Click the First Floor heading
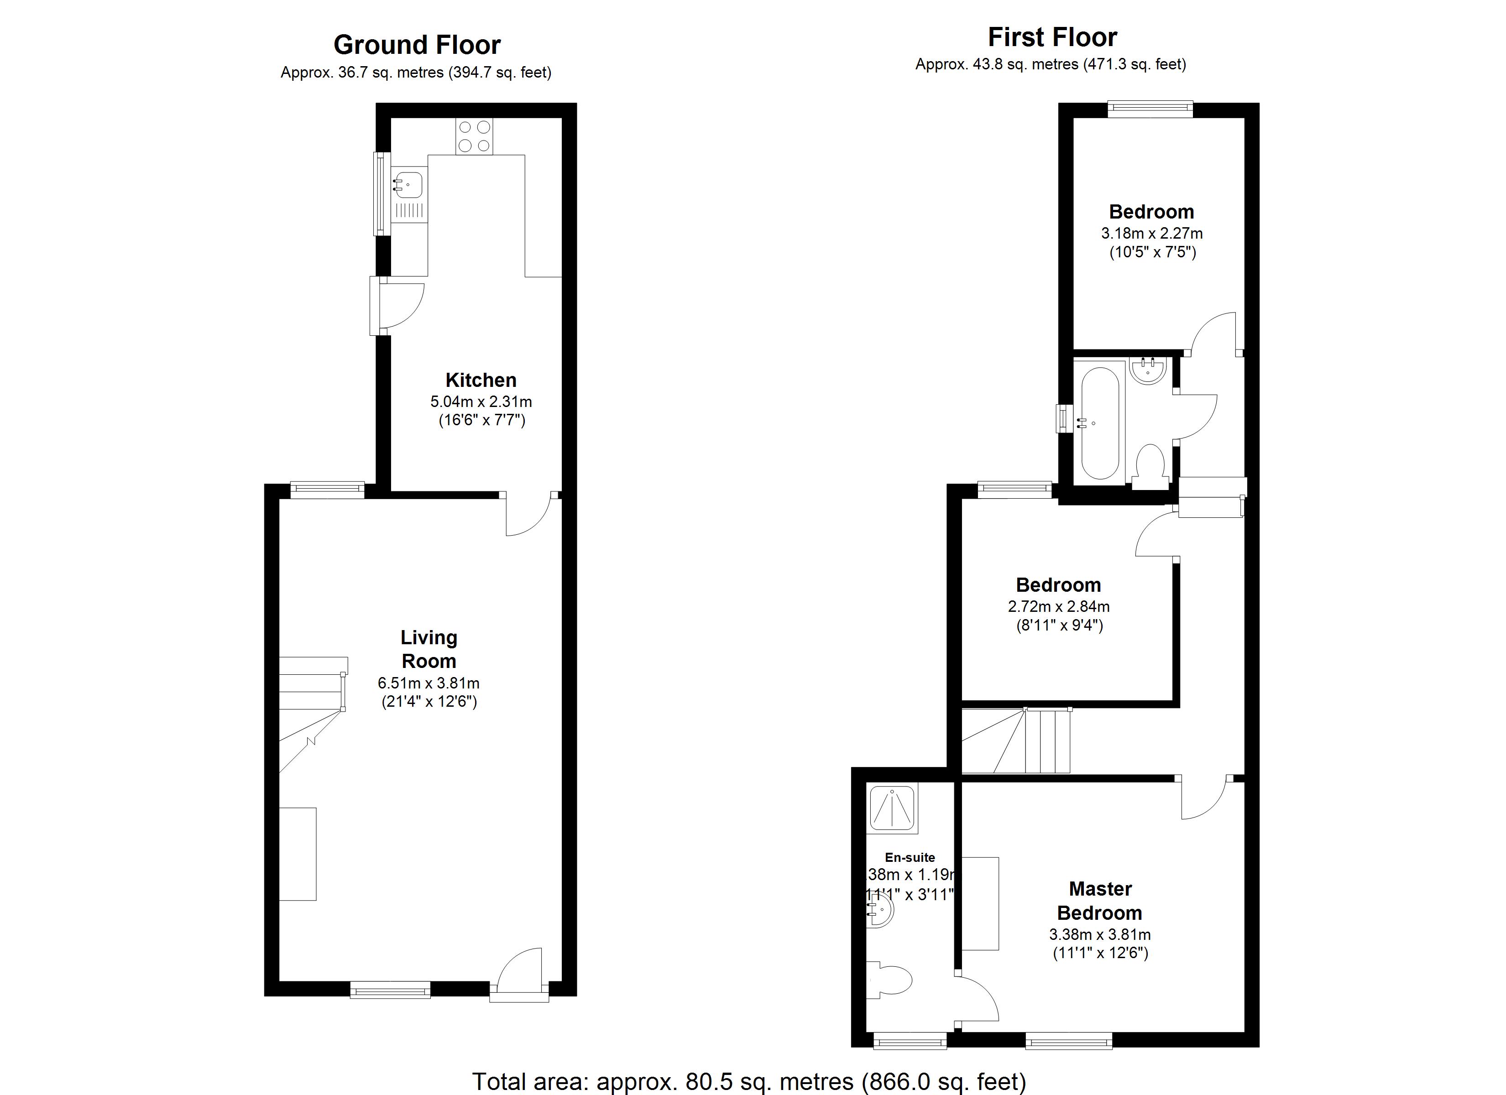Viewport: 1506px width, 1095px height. [1052, 37]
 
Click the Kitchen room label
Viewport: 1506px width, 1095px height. [480, 380]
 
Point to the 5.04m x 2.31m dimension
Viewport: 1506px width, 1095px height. [481, 402]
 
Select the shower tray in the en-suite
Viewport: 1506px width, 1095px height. [893, 809]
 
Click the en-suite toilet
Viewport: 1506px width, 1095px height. [892, 980]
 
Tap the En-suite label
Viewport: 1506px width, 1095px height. [909, 857]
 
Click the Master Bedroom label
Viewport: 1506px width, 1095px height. [1100, 901]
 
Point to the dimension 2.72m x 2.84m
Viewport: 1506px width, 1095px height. [1058, 606]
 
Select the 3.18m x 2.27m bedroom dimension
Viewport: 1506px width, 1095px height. [1151, 234]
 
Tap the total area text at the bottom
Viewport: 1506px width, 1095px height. [748, 1081]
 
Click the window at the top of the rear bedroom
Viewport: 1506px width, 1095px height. [1150, 109]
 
